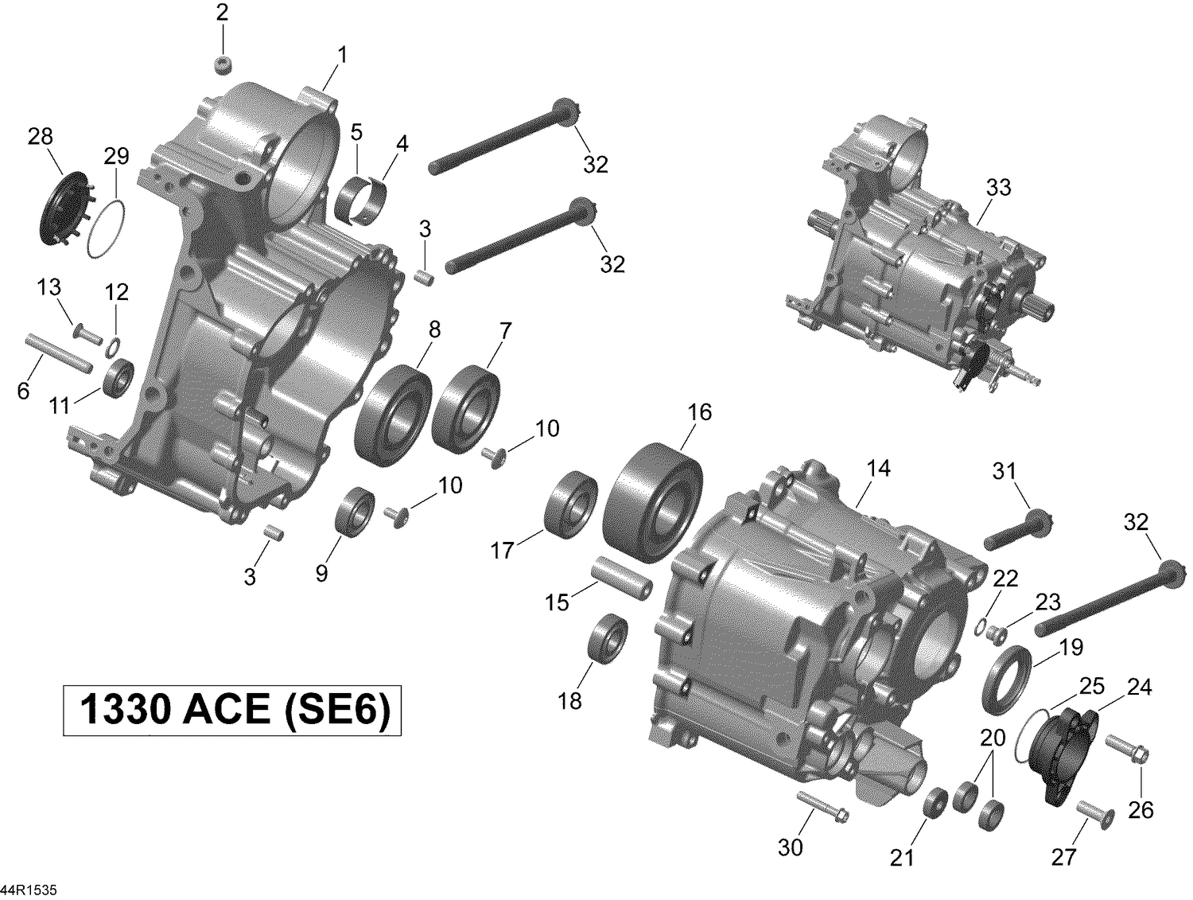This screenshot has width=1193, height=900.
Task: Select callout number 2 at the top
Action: pyautogui.click(x=222, y=13)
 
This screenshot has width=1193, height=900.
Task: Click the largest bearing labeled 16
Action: pyautogui.click(x=655, y=504)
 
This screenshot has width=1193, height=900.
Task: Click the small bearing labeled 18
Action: pyautogui.click(x=608, y=637)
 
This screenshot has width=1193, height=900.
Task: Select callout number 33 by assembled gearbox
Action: pyautogui.click(x=998, y=187)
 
